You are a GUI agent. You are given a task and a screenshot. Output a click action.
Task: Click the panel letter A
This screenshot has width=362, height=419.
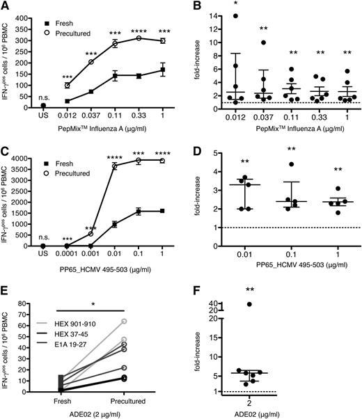(6, 6)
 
